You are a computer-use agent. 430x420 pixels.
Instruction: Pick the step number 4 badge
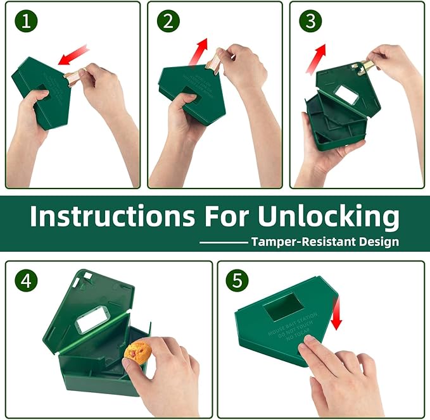tap(26, 281)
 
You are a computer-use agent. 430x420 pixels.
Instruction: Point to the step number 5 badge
tap(237, 281)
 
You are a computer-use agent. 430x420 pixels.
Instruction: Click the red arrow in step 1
tap(73, 56)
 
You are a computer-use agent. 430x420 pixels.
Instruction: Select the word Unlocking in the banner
tap(328, 216)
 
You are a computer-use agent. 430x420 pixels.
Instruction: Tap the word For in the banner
tap(226, 216)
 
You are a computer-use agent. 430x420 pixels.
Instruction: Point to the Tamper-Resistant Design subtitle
tap(324, 242)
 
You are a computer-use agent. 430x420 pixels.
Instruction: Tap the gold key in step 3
tap(367, 66)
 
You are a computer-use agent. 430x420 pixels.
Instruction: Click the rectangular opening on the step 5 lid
tap(282, 307)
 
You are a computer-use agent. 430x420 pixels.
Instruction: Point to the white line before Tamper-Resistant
tap(223, 242)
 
